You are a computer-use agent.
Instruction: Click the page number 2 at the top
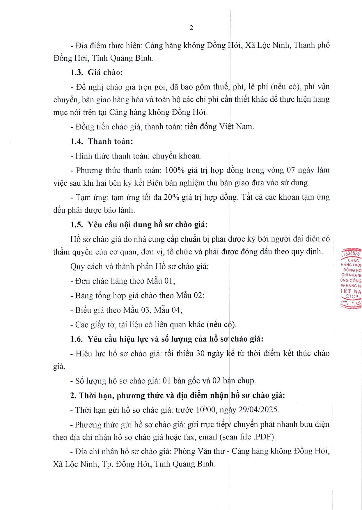coord(191,28)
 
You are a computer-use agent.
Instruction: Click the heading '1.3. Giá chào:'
coord(97,72)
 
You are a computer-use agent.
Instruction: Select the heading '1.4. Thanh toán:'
coord(102,141)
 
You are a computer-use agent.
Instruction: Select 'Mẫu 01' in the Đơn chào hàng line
coord(160,281)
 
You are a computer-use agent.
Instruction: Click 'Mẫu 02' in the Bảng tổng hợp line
coord(189,295)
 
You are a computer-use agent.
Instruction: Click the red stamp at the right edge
coord(351,278)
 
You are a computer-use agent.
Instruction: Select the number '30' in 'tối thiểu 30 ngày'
coord(200,353)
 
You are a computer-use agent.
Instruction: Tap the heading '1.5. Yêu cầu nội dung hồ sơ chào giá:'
coord(139,225)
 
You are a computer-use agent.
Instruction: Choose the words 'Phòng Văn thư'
coord(199,451)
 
